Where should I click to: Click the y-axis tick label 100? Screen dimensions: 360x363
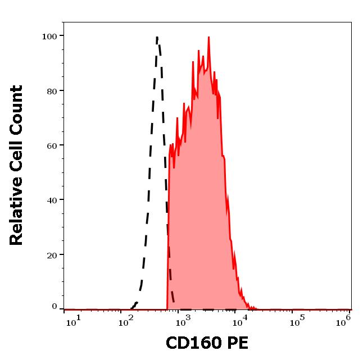pyautogui.click(x=49, y=37)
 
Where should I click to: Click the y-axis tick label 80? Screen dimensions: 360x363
pyautogui.click(x=52, y=91)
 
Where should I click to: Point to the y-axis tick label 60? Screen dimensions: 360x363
pyautogui.click(x=52, y=145)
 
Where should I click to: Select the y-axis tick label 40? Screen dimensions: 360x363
pyautogui.click(x=52, y=200)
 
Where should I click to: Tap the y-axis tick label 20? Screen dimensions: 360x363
pyautogui.click(x=52, y=255)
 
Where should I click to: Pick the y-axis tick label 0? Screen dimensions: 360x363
pyautogui.click(x=55, y=307)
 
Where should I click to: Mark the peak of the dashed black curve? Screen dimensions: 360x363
pyautogui.click(x=157, y=38)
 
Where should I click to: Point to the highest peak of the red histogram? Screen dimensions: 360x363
pyautogui.click(x=209, y=38)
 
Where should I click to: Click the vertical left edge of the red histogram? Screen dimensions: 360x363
pyautogui.click(x=168, y=236)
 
